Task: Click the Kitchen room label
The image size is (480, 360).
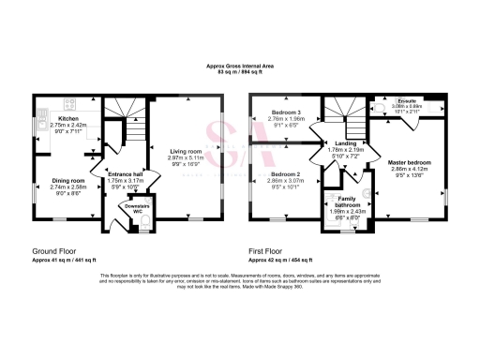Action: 69,119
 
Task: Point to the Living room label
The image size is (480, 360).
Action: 185,151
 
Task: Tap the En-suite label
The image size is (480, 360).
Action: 401,100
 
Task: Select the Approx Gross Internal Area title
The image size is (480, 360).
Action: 239,66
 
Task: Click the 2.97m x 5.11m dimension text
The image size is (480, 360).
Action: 185,157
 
